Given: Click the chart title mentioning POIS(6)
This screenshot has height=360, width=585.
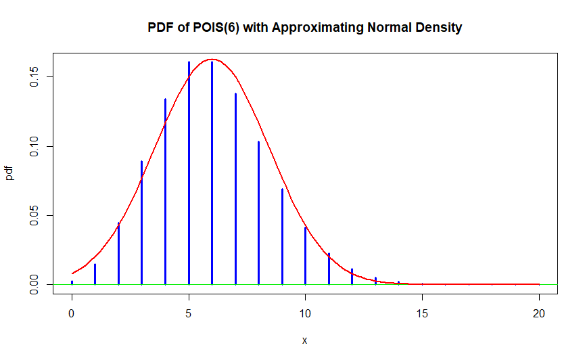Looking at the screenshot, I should point(304,28).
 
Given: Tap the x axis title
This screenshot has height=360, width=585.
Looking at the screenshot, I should point(304,340).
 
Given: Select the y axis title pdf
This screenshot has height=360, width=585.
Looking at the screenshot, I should point(10,174).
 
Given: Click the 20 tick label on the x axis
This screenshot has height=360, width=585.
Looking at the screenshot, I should point(539,314).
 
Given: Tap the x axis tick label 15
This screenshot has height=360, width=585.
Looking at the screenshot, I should point(422,314).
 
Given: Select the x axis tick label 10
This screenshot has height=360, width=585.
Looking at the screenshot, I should point(305,314).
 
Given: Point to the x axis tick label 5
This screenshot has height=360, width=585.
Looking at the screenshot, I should point(189,314).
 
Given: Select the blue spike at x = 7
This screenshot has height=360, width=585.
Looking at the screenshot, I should point(235,189).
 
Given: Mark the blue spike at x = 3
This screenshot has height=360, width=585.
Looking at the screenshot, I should point(141,223).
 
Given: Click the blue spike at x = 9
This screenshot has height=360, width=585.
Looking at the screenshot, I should point(282,236).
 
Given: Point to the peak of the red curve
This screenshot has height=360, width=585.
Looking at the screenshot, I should point(212,60).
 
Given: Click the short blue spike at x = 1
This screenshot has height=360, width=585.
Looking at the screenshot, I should point(95,274).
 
